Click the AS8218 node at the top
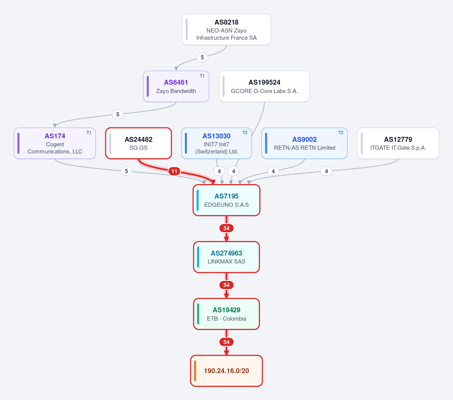(226, 29)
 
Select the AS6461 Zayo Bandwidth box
(176, 87)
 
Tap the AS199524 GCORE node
(264, 87)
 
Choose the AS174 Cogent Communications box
(55, 143)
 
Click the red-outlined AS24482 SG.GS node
(139, 143)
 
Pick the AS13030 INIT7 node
(216, 143)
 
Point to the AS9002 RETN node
(304, 143)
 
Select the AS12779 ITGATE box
(398, 143)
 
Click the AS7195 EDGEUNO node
(226, 200)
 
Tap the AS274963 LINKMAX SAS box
(226, 257)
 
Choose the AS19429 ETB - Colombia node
(226, 314)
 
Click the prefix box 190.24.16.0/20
(226, 371)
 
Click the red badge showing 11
(174, 171)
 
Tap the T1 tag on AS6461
(202, 76)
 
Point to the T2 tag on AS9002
(341, 133)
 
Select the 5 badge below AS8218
(202, 57)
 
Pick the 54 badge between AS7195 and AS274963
(226, 228)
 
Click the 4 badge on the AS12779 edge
(326, 171)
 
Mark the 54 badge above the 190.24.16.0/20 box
(226, 342)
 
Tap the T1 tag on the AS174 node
(89, 133)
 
